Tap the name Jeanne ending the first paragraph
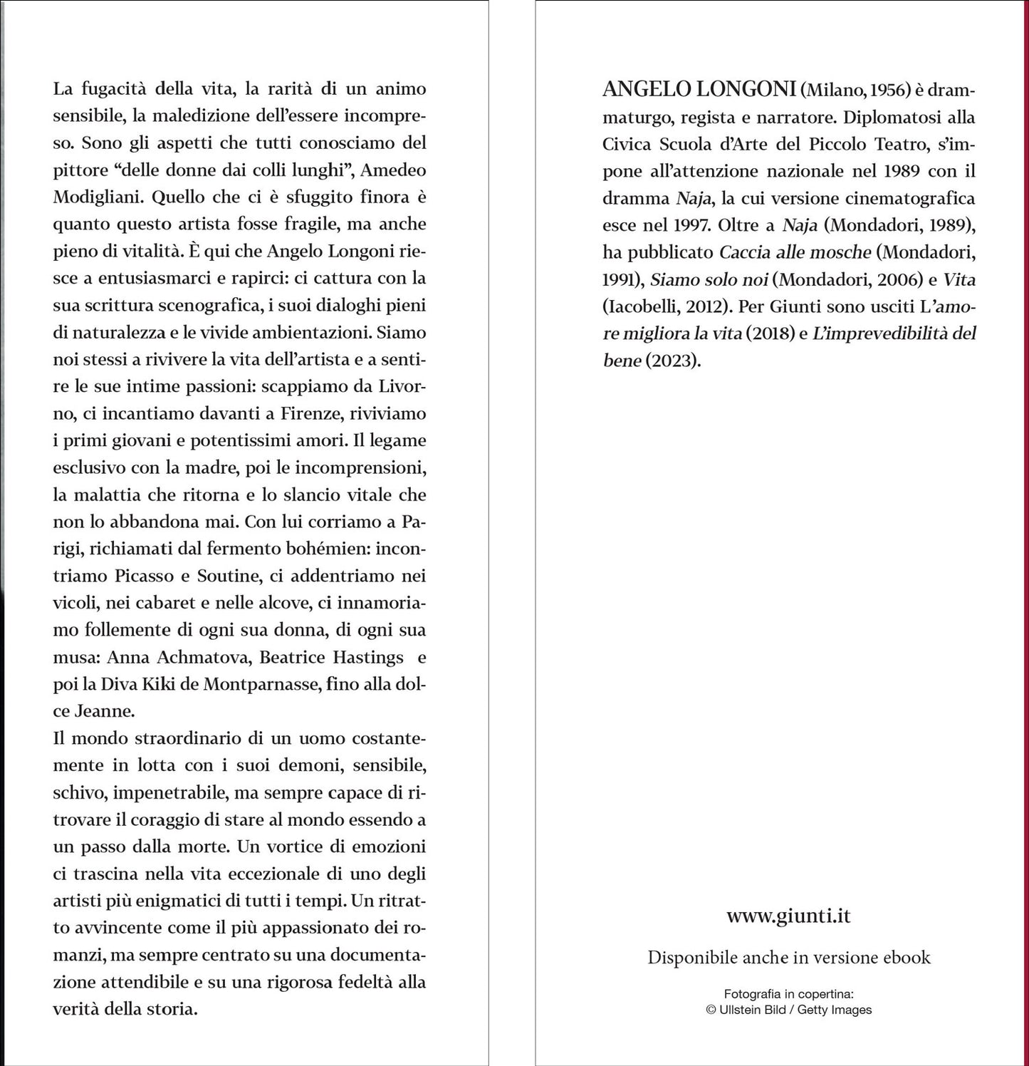tap(103, 711)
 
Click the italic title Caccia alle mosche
tap(795, 252)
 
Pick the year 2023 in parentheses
tap(673, 361)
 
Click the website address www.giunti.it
tap(788, 916)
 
